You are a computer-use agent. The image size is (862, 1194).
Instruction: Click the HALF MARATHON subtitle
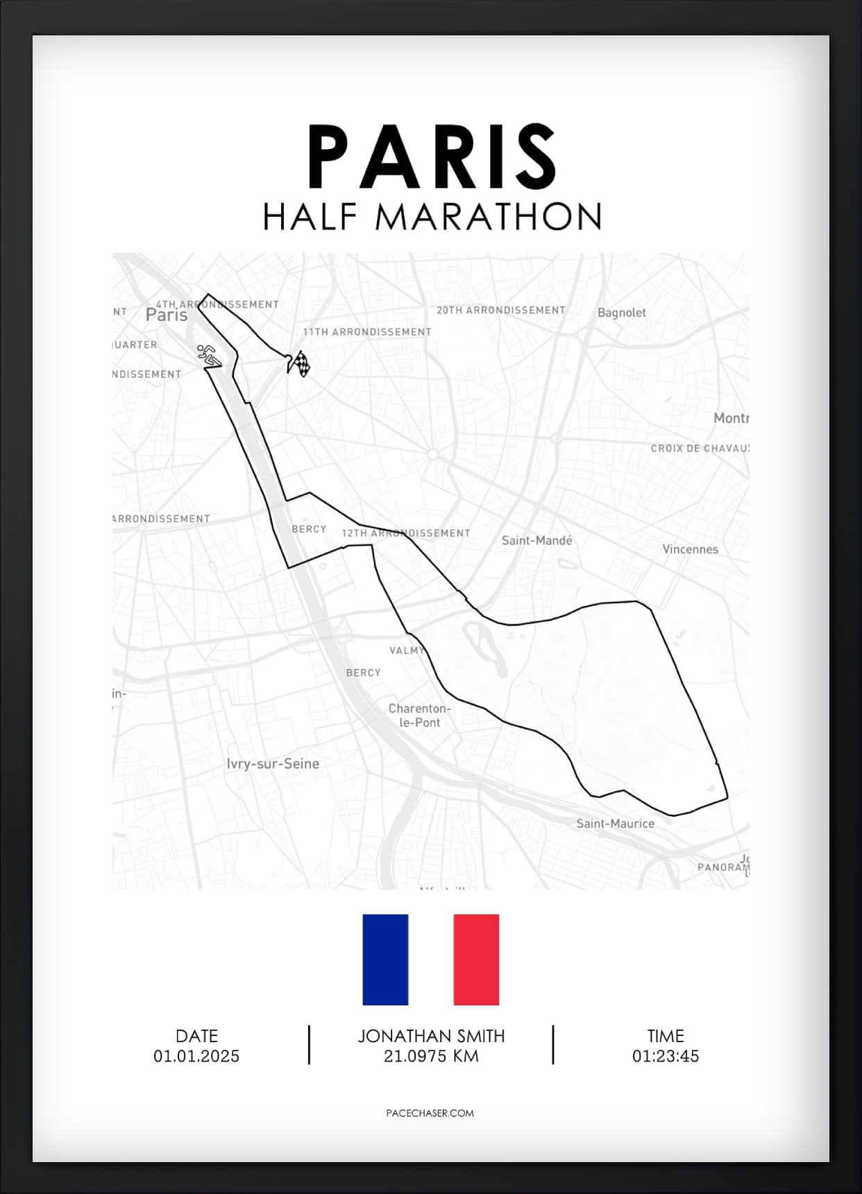click(432, 216)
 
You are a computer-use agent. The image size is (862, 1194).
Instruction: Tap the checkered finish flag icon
click(300, 363)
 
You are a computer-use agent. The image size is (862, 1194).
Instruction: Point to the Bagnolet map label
click(621, 313)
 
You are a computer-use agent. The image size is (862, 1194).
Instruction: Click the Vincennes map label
click(690, 549)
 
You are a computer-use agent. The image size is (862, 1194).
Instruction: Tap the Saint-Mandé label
click(536, 540)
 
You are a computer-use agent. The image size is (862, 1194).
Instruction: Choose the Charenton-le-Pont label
click(419, 715)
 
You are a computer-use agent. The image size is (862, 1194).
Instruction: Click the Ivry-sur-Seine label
click(273, 763)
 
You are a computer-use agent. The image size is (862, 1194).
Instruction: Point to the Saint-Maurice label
click(615, 824)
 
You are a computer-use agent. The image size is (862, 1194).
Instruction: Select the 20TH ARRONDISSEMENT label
click(500, 310)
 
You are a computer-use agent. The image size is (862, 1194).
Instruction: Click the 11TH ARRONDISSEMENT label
click(367, 332)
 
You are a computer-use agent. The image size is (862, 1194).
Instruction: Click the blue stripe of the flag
click(385, 960)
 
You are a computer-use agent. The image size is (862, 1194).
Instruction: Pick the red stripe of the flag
click(476, 960)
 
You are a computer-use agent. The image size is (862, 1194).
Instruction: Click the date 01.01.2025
click(196, 1056)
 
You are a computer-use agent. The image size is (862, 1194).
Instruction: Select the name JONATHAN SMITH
click(431, 1036)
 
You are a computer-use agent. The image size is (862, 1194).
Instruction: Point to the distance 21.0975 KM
click(431, 1056)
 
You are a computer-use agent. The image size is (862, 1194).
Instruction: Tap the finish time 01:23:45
click(665, 1056)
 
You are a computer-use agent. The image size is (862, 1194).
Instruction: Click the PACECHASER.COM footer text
click(430, 1113)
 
